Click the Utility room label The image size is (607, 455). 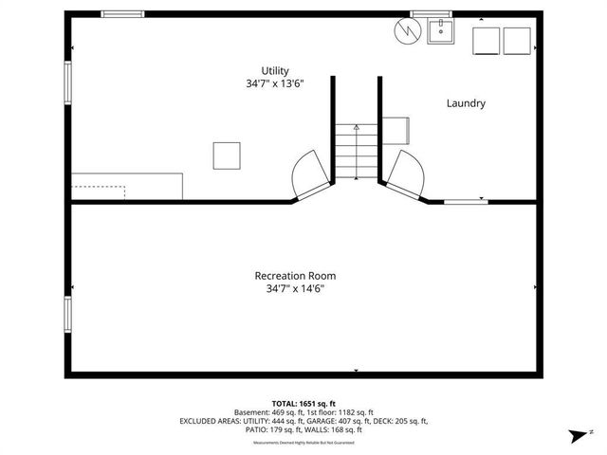(x=275, y=71)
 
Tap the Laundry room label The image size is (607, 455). (x=466, y=103)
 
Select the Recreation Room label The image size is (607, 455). (x=295, y=276)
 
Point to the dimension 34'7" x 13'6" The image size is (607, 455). (x=275, y=84)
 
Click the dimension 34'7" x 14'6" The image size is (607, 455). (x=295, y=289)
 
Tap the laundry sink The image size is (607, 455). (x=441, y=33)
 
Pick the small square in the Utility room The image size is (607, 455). (x=227, y=155)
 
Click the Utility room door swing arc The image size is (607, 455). (x=308, y=175)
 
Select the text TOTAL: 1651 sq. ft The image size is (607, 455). (x=303, y=403)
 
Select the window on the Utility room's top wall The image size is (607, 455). (x=122, y=13)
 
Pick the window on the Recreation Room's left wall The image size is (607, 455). (x=67, y=314)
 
